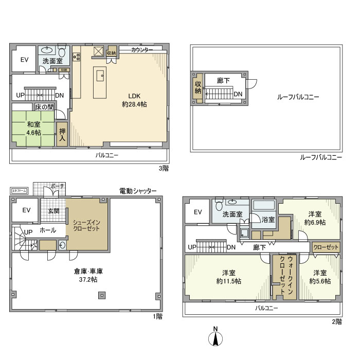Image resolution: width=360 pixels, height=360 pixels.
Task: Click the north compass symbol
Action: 215,338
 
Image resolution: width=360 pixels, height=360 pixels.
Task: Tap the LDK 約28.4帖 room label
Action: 134,99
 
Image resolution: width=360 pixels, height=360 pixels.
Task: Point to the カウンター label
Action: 142,50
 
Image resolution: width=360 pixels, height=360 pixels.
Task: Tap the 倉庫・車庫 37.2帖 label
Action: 85,276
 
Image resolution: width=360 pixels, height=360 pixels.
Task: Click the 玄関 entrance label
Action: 53,210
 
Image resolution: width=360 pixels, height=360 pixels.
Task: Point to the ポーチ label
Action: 58,186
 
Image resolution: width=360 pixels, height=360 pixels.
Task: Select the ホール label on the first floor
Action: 48,230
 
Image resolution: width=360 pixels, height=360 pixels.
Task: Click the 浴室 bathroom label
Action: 267,220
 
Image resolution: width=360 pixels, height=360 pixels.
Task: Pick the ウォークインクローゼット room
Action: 282,276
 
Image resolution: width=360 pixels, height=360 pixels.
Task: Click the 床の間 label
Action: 44,107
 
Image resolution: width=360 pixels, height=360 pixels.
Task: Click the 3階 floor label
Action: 164,168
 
